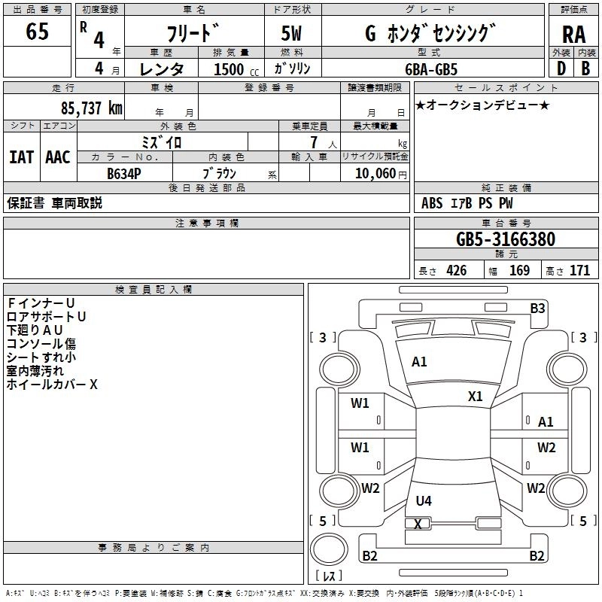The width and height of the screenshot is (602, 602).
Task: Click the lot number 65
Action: click(37, 31)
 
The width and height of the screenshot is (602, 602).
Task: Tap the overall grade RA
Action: click(573, 35)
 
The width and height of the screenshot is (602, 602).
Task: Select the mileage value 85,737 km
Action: click(91, 108)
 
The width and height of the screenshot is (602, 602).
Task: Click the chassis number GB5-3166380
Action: click(506, 239)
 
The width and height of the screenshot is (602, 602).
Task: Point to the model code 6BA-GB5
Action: click(431, 69)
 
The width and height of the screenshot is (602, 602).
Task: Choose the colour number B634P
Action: click(124, 174)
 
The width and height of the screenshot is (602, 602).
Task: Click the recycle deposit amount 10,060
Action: click(375, 174)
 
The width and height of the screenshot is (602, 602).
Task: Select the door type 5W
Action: click(291, 33)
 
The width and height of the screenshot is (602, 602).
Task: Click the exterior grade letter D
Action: click(561, 68)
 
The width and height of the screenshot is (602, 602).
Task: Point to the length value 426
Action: click(457, 270)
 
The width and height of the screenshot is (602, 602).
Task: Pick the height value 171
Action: click(579, 270)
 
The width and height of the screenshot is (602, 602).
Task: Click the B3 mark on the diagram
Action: click(537, 309)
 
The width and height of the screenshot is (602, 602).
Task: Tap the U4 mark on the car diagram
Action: click(424, 500)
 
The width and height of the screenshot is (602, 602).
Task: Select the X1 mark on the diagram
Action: click(475, 397)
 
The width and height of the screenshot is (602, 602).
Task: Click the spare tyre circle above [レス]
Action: click(329, 549)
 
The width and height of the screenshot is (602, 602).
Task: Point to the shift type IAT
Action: click(21, 157)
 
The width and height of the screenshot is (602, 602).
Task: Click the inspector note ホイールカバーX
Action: click(52, 385)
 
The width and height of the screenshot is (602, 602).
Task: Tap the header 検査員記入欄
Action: click(154, 290)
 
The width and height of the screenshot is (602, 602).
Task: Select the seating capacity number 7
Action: click(314, 142)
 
